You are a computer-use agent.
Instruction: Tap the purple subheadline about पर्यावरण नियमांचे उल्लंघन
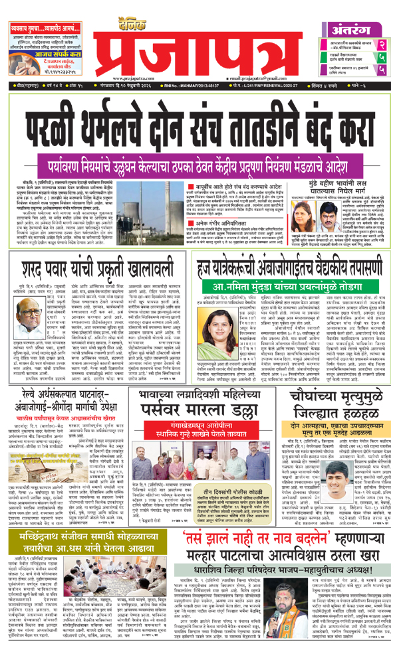coord(199,140)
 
